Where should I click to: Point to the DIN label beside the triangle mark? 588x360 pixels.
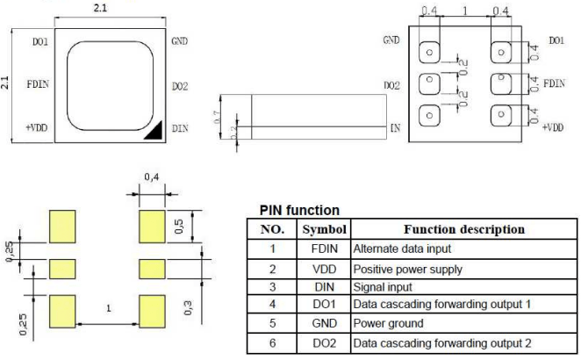point(179,128)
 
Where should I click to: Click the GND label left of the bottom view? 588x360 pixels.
point(391,40)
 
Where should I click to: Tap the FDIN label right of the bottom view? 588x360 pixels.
point(554,83)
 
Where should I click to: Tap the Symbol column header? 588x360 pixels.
point(325,229)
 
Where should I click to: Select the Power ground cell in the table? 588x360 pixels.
point(384,322)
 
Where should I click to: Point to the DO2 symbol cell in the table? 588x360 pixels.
point(325,341)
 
